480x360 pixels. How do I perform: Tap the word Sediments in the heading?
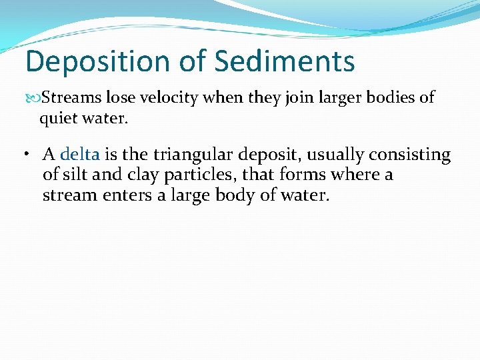coord(285,62)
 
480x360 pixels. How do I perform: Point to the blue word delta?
coord(79,155)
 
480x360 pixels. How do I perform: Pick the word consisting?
coord(409,155)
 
